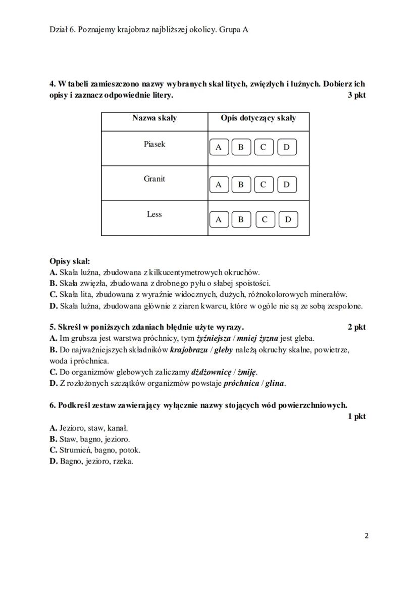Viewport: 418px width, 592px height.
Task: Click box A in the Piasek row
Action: [219, 147]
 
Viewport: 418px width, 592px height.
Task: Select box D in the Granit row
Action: [286, 185]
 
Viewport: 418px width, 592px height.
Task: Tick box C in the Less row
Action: [265, 219]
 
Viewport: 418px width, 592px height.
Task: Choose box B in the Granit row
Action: [241, 185]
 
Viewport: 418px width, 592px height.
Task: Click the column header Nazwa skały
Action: [154, 118]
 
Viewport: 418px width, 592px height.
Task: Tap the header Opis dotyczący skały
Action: [258, 118]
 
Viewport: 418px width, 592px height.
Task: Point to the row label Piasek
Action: [154, 144]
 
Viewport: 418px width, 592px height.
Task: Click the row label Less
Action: [154, 214]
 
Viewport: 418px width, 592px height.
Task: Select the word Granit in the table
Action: [154, 179]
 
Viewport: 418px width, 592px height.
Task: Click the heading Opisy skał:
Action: [70, 261]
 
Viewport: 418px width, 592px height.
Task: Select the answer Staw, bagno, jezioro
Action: [94, 439]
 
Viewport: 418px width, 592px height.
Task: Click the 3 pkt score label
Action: [356, 95]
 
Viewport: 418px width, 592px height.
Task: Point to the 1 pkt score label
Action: [356, 416]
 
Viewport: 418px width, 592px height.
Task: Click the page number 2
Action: [367, 536]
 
